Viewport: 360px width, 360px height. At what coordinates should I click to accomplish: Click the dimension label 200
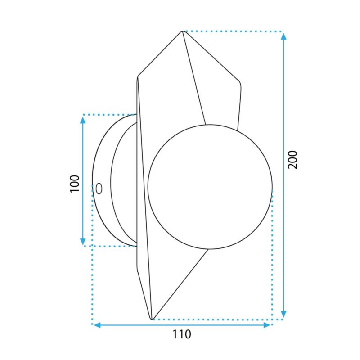(293, 160)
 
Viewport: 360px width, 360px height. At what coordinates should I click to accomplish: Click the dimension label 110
(182, 334)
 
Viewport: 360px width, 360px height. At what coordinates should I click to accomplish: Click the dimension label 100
(74, 184)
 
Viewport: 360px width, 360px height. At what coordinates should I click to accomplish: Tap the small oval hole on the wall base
(99, 189)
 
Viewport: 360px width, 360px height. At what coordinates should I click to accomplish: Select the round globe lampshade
(210, 187)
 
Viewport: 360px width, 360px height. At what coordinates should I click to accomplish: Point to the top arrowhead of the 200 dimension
(284, 37)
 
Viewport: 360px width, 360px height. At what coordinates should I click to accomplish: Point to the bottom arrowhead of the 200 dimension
(284, 314)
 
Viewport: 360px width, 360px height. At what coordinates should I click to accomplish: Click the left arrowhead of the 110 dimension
(97, 325)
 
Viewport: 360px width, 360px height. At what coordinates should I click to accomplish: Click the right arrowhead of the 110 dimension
(267, 325)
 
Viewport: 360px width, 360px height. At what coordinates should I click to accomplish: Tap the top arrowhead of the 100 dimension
(83, 120)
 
